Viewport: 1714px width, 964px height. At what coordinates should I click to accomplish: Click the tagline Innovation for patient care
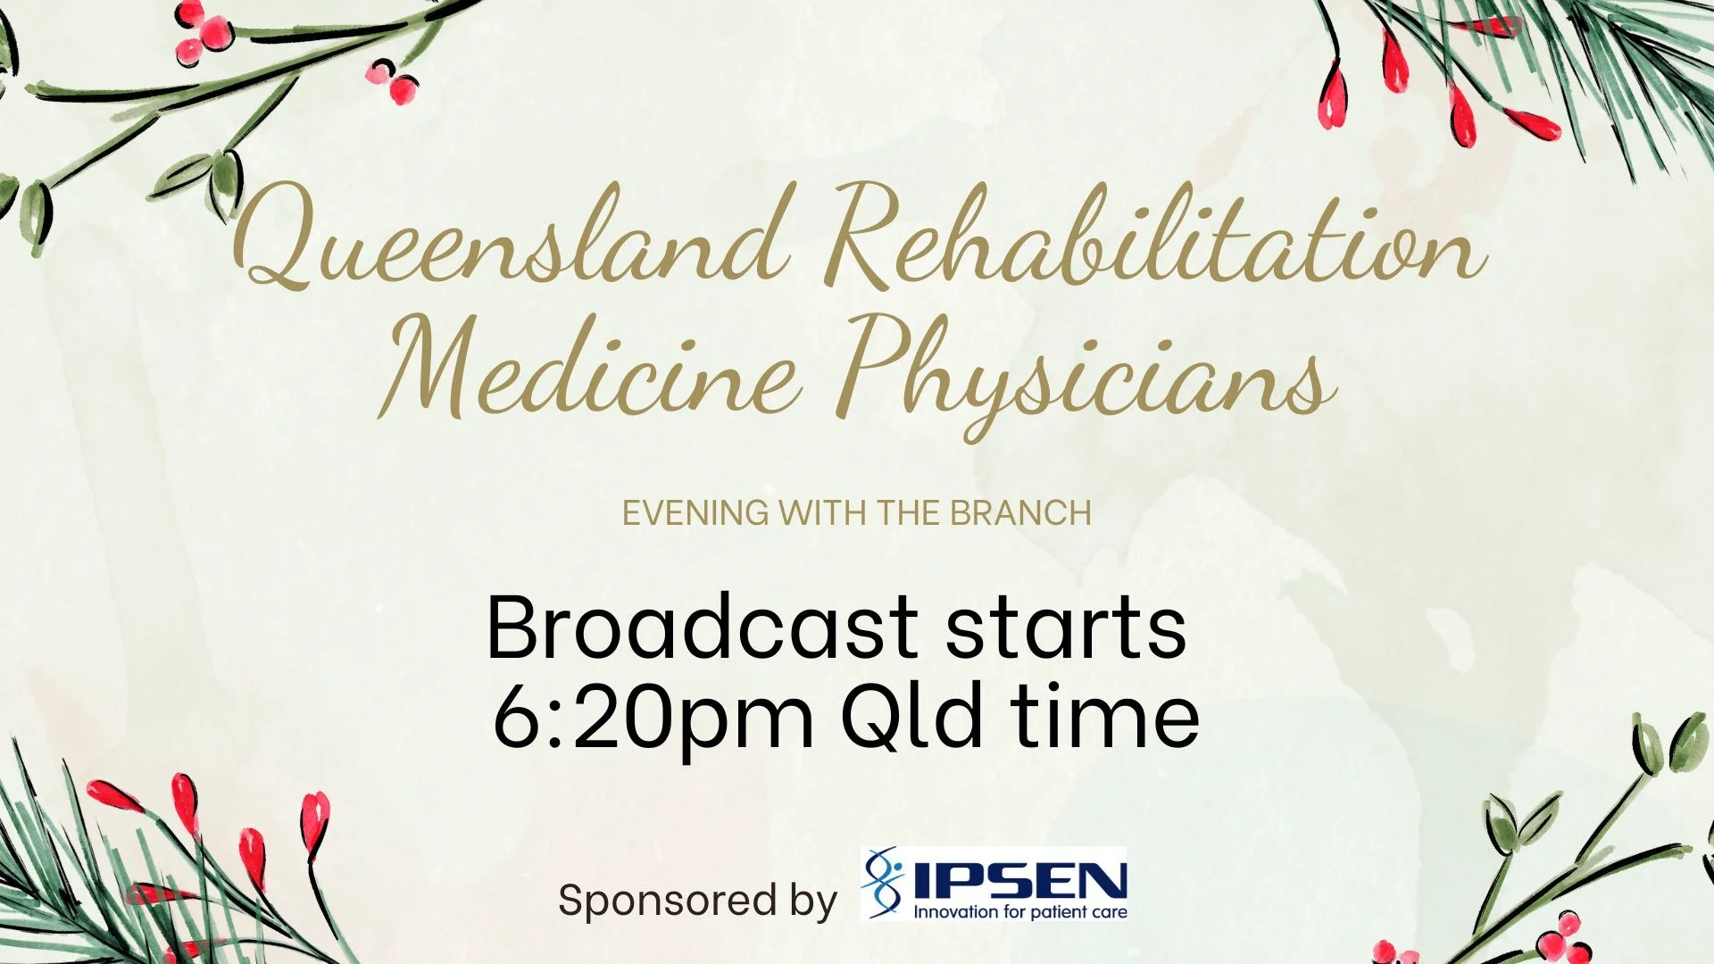[1019, 912]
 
